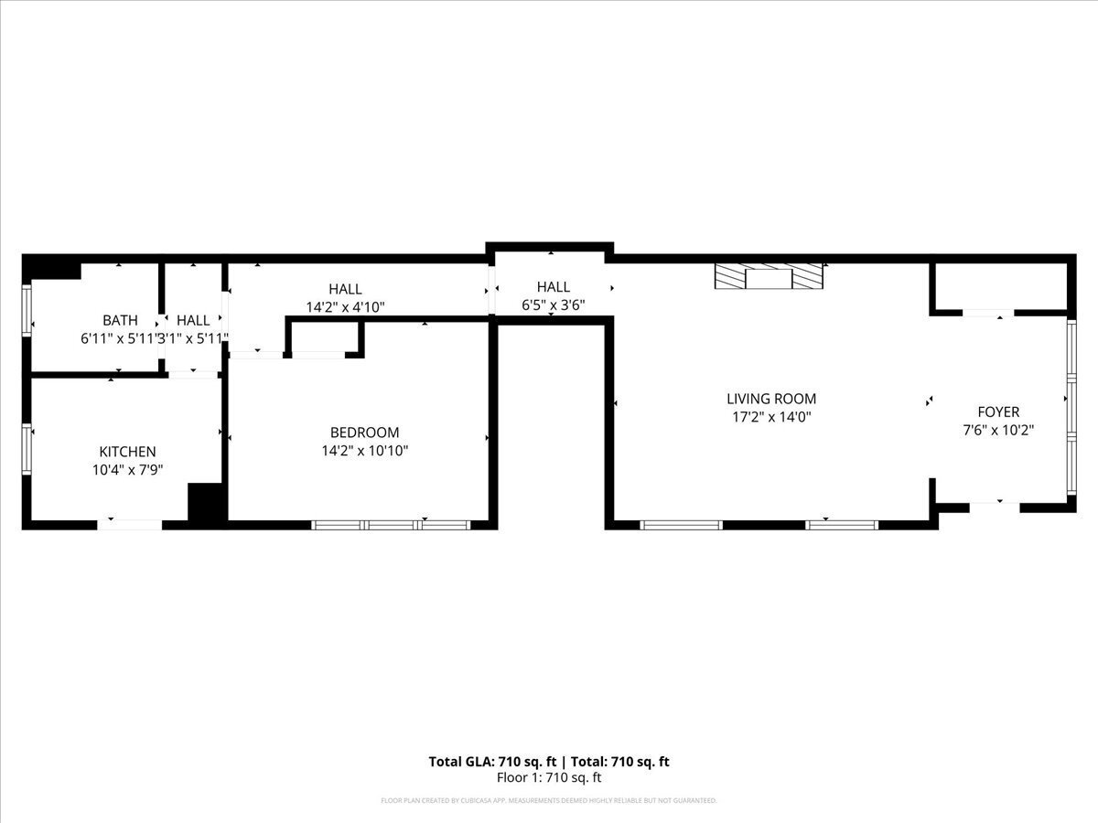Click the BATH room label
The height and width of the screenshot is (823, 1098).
coord(120,320)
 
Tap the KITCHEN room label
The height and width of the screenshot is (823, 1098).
coord(127,452)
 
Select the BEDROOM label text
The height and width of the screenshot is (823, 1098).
coord(364,433)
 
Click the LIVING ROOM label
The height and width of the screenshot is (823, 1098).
coord(770,399)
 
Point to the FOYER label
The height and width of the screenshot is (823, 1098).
coord(997,412)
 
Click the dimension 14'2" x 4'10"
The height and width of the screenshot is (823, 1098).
coord(345,307)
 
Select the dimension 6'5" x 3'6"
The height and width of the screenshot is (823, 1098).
coord(553,305)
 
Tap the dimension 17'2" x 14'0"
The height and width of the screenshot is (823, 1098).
coord(770,417)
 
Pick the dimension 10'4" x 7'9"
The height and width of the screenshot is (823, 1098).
coord(127,469)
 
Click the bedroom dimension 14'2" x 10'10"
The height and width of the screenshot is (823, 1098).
coord(364,451)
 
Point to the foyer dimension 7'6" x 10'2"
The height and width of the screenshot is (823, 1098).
coord(997,430)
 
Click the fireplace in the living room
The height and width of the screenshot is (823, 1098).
coord(769,277)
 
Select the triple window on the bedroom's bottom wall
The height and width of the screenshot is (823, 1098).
coord(391,525)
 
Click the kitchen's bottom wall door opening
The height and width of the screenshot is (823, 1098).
coord(130,524)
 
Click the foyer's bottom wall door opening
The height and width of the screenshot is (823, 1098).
coord(994,506)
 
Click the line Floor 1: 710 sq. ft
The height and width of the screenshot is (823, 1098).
coord(549,778)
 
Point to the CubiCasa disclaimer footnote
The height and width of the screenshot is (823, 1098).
coord(549,801)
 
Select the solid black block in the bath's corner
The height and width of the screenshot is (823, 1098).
coord(51,267)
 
